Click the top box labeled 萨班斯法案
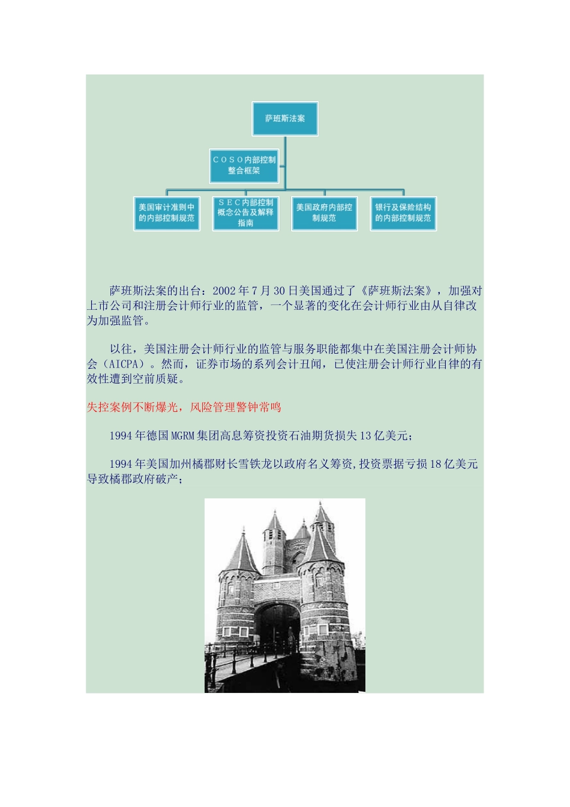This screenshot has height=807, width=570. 285,119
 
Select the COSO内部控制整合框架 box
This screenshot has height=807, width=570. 244,166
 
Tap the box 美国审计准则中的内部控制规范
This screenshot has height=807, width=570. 166,213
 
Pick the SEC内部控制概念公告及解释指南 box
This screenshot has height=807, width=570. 245,213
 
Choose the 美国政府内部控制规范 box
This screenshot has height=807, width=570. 324,213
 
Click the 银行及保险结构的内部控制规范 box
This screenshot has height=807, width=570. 403,213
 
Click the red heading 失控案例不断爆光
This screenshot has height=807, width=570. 133,407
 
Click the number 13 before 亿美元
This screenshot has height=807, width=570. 365,435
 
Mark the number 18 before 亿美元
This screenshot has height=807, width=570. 436,464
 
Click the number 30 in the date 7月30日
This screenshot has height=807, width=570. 279,291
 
